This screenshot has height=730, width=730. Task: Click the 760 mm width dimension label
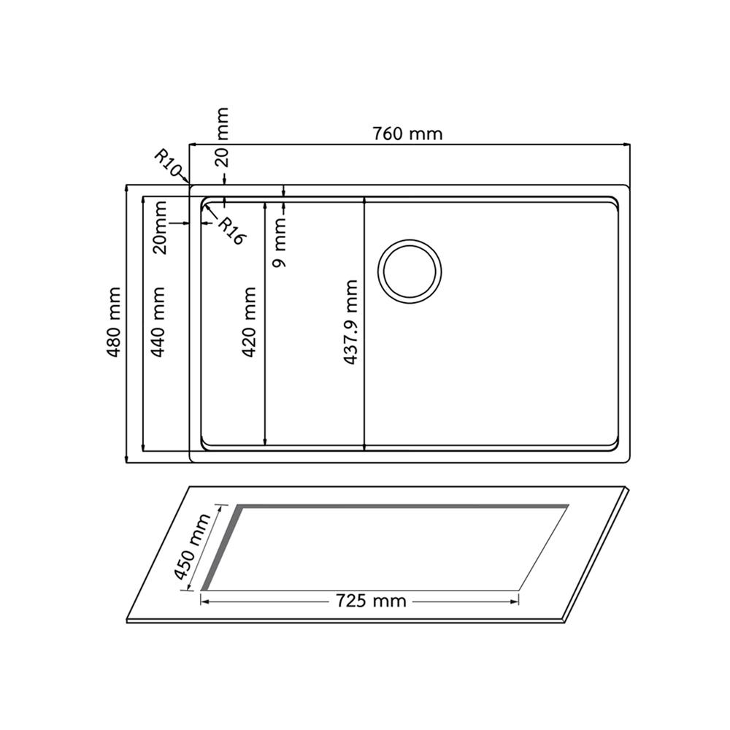coord(407,134)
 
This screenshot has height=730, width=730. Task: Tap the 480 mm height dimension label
coord(114,322)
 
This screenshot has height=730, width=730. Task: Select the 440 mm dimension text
coord(158,322)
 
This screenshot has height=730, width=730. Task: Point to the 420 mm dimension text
coord(249,322)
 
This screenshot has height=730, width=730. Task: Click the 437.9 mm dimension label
coord(350,322)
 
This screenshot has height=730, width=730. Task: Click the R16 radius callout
coord(231,231)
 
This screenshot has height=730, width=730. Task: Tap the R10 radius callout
coord(166,163)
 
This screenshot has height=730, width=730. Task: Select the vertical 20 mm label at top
coord(223,137)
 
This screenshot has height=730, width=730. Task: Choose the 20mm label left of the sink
coord(159,227)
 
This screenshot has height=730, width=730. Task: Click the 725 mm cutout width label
coord(371,601)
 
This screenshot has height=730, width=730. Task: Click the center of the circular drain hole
coord(410,272)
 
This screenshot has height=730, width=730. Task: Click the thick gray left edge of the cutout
coord(222,548)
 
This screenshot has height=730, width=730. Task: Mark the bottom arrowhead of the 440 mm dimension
coord(143,447)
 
